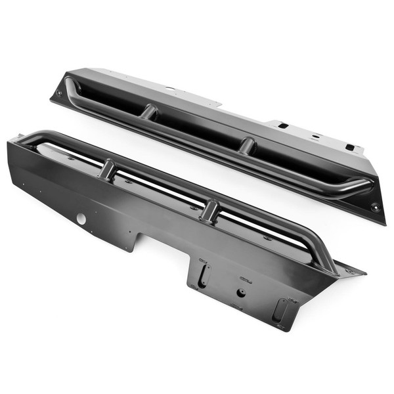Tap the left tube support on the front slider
click(107, 171)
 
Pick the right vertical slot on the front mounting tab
click(280, 309)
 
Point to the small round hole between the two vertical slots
click(241, 292)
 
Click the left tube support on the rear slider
click(150, 112)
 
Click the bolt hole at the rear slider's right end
click(375, 208)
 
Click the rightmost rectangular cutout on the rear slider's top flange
click(350, 147)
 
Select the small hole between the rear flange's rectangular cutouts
click(316, 136)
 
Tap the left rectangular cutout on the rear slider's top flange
click(282, 125)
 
